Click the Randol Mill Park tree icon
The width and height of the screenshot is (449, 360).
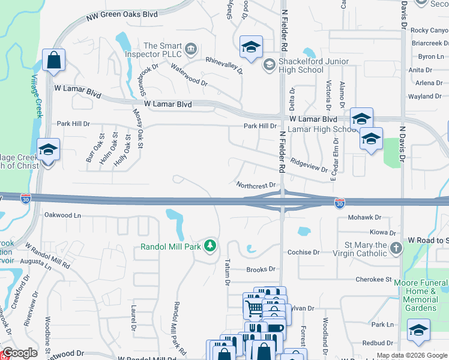click(x=210, y=245)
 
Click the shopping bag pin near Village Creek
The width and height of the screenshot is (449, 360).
click(x=53, y=61)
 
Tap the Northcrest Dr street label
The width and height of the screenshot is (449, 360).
click(x=255, y=186)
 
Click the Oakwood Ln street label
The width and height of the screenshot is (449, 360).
click(x=62, y=215)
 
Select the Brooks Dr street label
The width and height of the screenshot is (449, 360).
click(x=261, y=270)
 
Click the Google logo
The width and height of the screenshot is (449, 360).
click(x=19, y=353)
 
